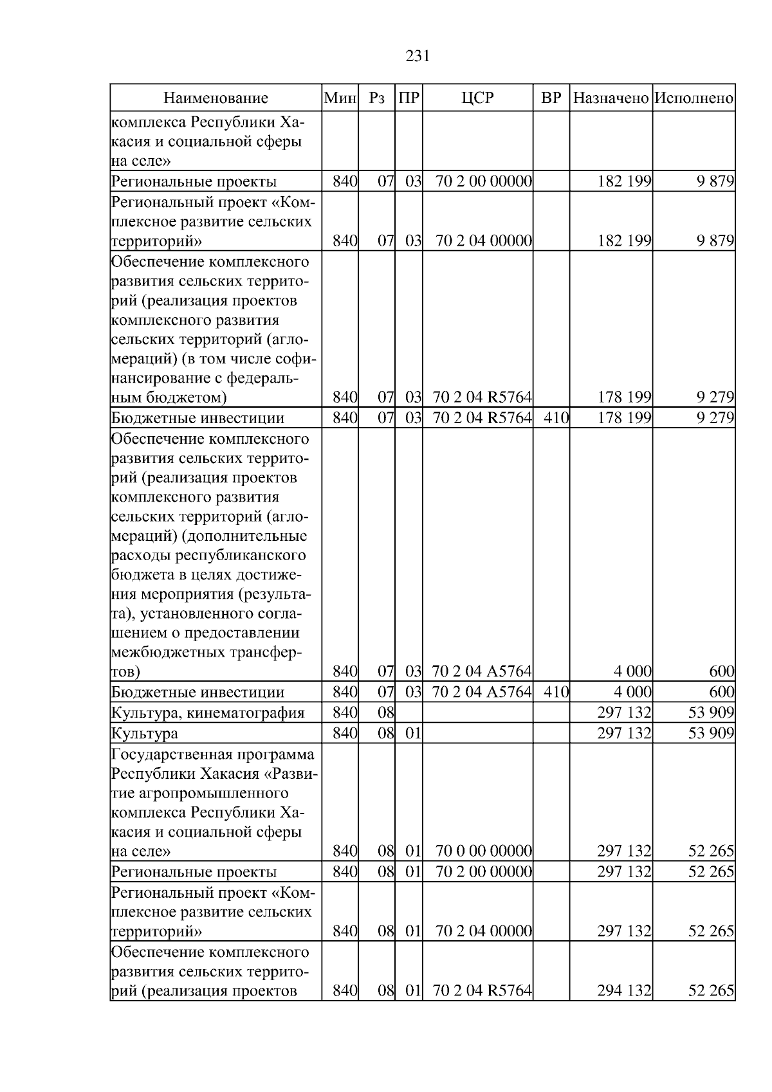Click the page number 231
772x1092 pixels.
tap(418, 57)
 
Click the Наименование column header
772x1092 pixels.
tap(216, 98)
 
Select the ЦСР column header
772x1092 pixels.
tap(477, 98)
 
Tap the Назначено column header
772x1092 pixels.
tap(611, 98)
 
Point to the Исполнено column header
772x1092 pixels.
tap(694, 98)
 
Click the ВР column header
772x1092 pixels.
tap(551, 98)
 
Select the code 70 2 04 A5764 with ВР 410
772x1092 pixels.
tap(482, 693)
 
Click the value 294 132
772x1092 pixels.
tap(624, 991)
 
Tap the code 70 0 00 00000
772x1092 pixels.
tap(484, 851)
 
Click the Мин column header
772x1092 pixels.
tap(340, 98)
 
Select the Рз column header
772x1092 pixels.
tap(377, 98)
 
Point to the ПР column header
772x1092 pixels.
tap(409, 98)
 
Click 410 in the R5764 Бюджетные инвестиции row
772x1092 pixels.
tap(556, 418)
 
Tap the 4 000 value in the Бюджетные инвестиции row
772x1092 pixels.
tap(632, 693)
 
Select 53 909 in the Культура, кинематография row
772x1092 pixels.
tap(711, 713)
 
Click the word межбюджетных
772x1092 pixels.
tap(168, 652)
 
